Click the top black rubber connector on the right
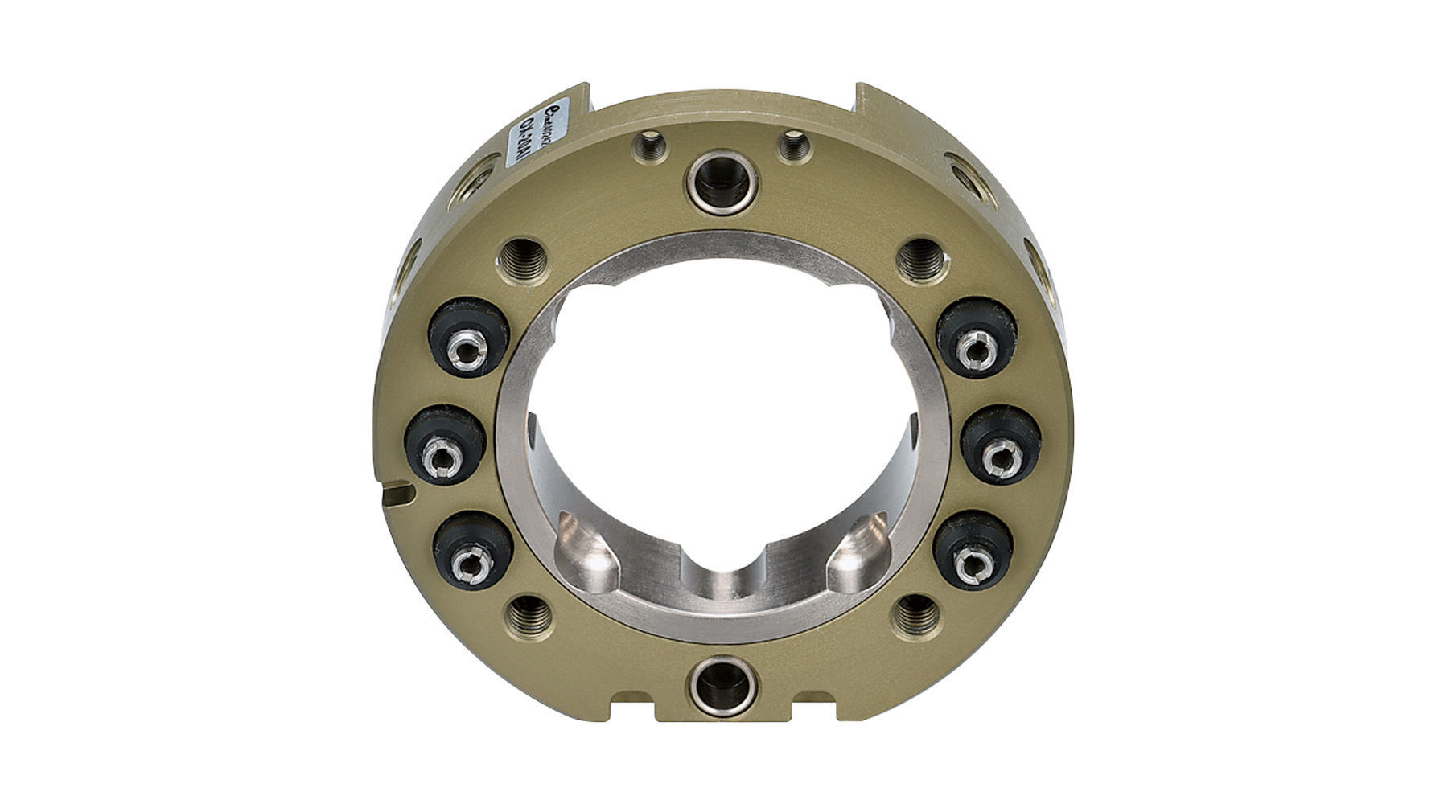tap(977, 338)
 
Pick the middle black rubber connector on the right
tap(1001, 445)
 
